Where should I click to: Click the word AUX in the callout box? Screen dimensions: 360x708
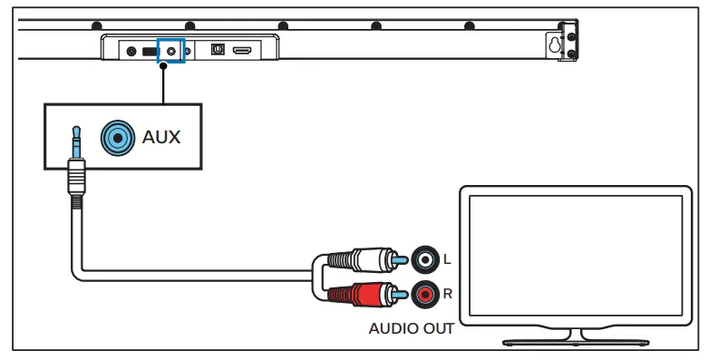pos(161,138)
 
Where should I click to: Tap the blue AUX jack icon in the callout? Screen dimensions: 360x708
pos(115,137)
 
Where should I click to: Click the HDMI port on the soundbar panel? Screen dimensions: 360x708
pos(242,52)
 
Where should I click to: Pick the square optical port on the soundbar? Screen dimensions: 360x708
pos(216,52)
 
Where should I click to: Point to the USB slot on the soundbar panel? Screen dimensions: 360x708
pos(147,52)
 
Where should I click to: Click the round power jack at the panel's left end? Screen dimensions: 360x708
pos(132,52)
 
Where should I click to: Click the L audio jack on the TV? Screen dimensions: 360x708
pos(424,260)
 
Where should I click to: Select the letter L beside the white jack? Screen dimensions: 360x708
pos(446,261)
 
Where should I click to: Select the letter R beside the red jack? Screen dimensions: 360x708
pos(446,294)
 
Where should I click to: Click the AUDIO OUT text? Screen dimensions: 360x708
pos(411,328)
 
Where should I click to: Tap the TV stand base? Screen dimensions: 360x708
pos(576,342)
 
